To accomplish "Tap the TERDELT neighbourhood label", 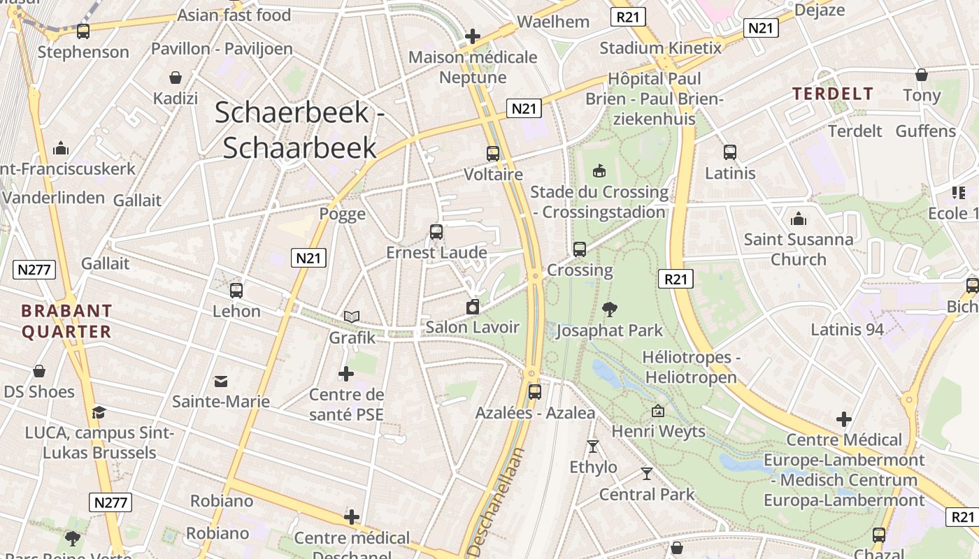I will pyautogui.click(x=832, y=94).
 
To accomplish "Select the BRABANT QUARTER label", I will pyautogui.click(x=66, y=321).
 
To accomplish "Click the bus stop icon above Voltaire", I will pyautogui.click(x=493, y=153).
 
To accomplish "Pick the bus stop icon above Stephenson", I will pyautogui.click(x=83, y=31).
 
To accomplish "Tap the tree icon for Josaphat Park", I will pyautogui.click(x=610, y=309).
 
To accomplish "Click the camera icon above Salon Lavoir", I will pyautogui.click(x=473, y=306).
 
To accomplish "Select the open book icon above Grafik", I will pyautogui.click(x=351, y=317).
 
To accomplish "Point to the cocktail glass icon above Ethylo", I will pyautogui.click(x=593, y=446).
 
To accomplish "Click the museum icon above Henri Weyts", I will pyautogui.click(x=658, y=411).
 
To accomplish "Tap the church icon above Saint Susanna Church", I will pyautogui.click(x=798, y=219).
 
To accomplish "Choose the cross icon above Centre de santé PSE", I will pyautogui.click(x=346, y=374).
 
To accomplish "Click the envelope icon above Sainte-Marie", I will pyautogui.click(x=221, y=381).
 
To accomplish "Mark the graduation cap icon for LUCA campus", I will pyautogui.click(x=99, y=412).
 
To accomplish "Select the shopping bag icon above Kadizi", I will pyautogui.click(x=176, y=78).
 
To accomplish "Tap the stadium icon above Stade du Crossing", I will pyautogui.click(x=599, y=170).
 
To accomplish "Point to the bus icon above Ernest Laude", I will pyautogui.click(x=436, y=231).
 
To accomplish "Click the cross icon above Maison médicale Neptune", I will pyautogui.click(x=473, y=36).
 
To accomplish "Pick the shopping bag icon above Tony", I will pyautogui.click(x=922, y=74).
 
